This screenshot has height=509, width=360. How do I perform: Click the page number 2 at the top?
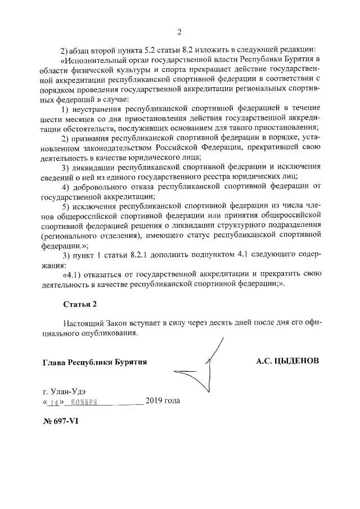[179, 31]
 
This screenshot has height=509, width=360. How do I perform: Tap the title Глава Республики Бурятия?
[94, 362]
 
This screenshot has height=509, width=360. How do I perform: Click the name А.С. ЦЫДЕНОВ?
[287, 361]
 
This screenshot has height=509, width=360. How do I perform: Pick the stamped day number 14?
[54, 402]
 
